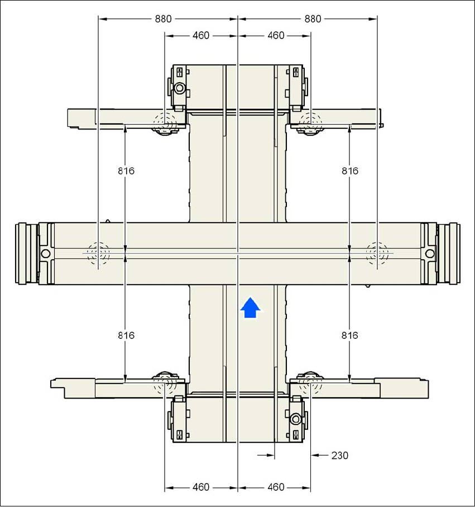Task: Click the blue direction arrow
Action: point(250,308)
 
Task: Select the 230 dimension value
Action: point(339,456)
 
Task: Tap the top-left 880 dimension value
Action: point(163,19)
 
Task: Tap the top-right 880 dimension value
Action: point(313,19)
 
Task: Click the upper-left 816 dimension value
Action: point(126,171)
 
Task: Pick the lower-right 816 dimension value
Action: point(349,336)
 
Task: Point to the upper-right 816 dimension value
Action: point(350,171)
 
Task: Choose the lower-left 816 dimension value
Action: point(126,336)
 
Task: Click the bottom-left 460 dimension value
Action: point(201,487)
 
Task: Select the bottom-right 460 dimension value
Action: point(276,487)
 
